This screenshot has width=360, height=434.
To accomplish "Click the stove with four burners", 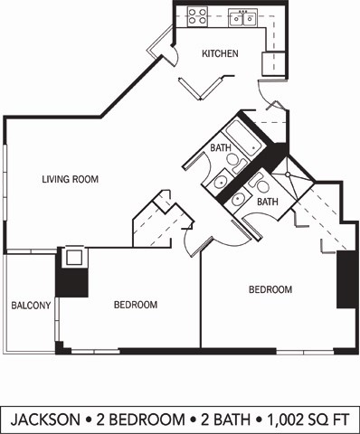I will pyautogui.click(x=197, y=16).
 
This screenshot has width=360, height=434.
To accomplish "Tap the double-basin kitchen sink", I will pyautogui.click(x=242, y=16).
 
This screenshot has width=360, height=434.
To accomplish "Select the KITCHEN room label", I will pyautogui.click(x=220, y=53).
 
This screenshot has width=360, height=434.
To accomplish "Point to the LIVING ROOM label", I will pyautogui.click(x=70, y=179).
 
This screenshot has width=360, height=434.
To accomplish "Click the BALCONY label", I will pyautogui.click(x=30, y=306).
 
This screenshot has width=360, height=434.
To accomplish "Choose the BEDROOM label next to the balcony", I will pyautogui.click(x=136, y=305).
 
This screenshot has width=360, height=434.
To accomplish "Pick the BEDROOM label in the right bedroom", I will pyautogui.click(x=270, y=289).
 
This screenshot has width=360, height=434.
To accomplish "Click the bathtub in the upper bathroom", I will pyautogui.click(x=242, y=137).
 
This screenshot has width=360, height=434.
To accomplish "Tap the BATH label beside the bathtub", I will pyautogui.click(x=220, y=147).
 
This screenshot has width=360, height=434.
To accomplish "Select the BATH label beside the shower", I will pyautogui.click(x=267, y=202).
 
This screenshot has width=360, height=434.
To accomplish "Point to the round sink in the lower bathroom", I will pyautogui.click(x=239, y=200).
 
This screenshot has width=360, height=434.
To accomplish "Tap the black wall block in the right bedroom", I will pyautogui.click(x=345, y=279).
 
